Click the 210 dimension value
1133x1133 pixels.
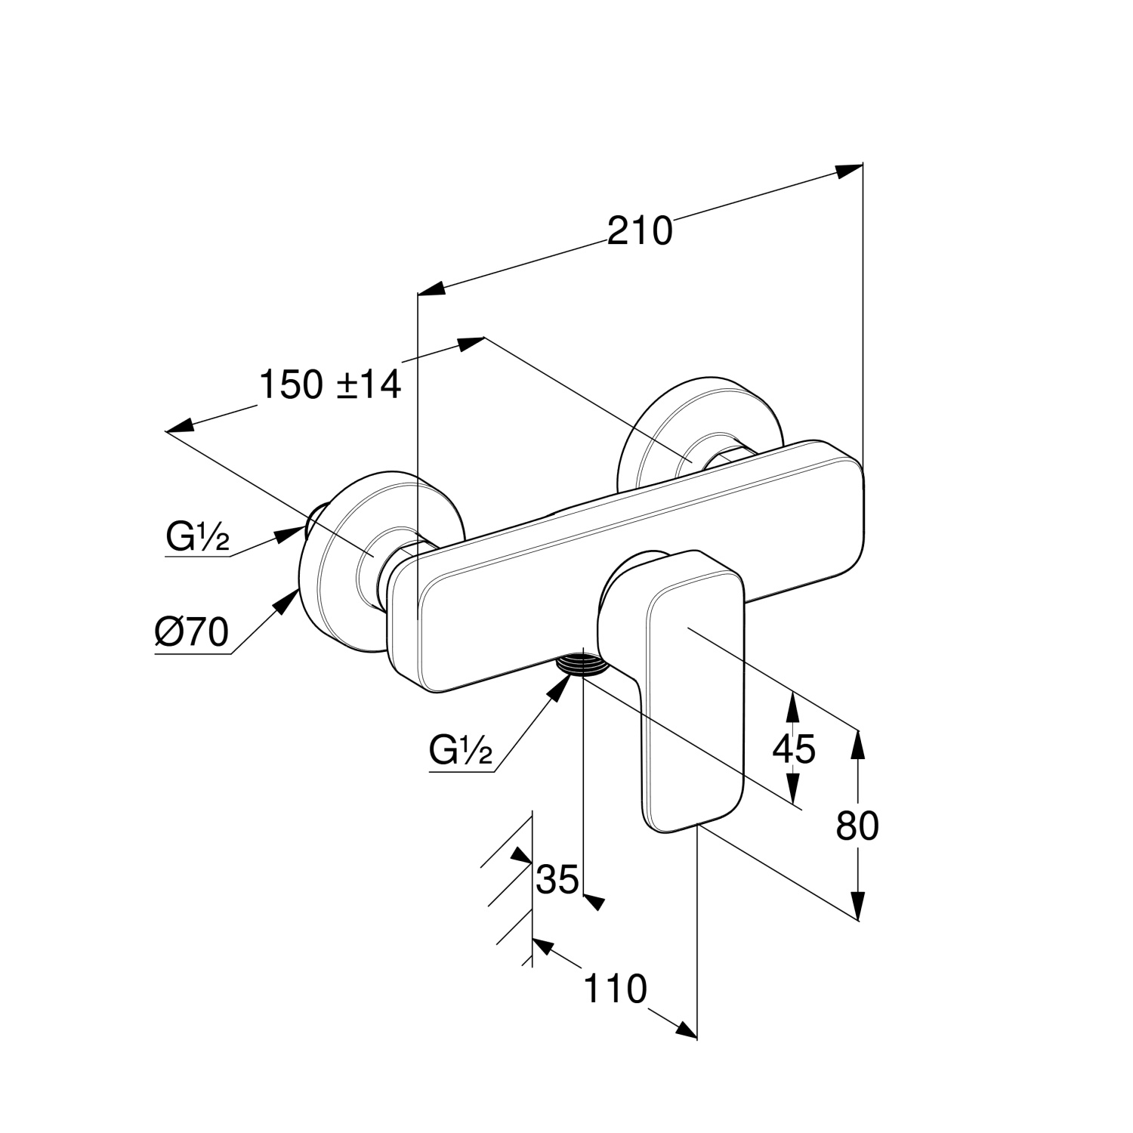tap(640, 230)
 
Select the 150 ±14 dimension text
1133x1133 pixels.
tap(330, 385)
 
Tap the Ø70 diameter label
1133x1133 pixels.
tap(191, 632)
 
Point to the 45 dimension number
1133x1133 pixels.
tap(794, 749)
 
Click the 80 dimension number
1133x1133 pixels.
tap(857, 826)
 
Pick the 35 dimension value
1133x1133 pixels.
tap(557, 878)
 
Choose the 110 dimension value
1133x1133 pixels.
tap(616, 989)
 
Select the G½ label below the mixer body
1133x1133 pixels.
tap(461, 751)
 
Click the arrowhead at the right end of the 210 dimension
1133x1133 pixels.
tap(849, 171)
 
